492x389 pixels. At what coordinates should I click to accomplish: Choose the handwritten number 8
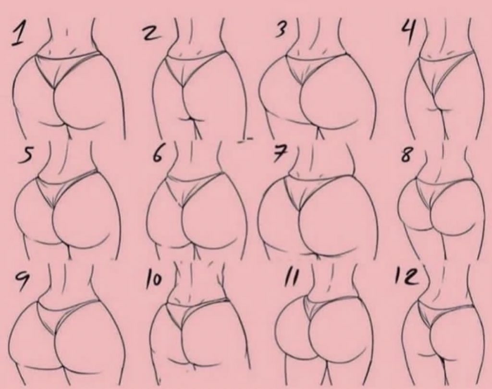[x=406, y=155]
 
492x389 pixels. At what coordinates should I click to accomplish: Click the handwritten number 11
[x=290, y=278]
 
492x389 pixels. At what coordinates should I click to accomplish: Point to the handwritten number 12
[x=407, y=276]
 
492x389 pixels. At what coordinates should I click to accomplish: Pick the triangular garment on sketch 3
[x=314, y=66]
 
